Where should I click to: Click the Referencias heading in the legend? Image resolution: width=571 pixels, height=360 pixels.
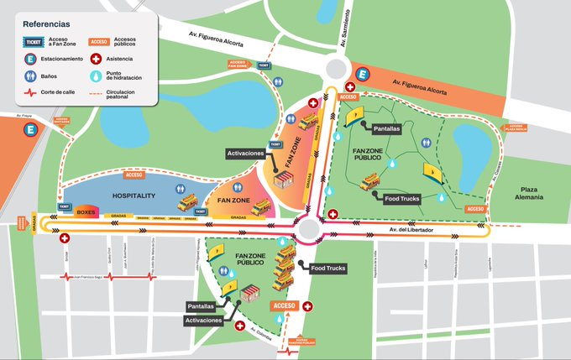[x=47, y=25]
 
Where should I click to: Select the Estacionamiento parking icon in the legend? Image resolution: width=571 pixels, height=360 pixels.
[x=29, y=60]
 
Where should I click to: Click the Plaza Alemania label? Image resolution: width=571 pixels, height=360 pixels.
[x=528, y=192]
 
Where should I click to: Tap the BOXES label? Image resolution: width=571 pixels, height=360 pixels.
[x=86, y=213]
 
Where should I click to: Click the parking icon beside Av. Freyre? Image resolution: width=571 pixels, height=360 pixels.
[x=31, y=131]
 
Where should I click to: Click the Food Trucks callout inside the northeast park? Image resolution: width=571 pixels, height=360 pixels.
[x=401, y=199]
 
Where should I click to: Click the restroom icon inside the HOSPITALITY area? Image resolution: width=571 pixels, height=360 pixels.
[x=180, y=190]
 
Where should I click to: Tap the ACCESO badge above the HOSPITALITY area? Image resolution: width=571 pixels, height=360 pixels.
[x=134, y=175]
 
